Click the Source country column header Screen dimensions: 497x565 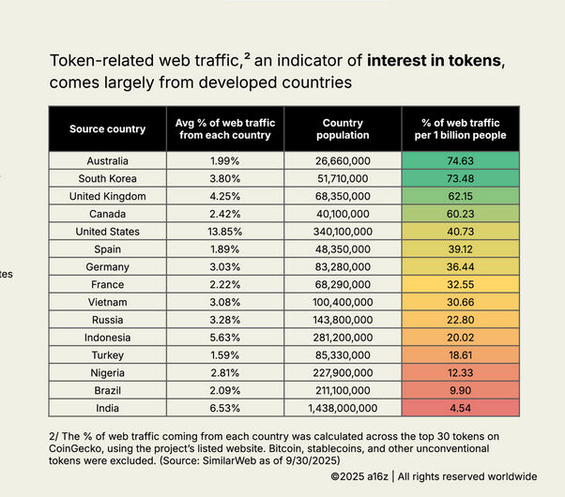click(107, 128)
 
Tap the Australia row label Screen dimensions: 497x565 click(107, 160)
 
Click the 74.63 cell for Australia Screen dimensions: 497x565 click(459, 160)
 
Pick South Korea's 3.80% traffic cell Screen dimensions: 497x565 click(224, 178)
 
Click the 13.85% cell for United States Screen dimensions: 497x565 click(224, 232)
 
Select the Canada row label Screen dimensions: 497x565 click(107, 214)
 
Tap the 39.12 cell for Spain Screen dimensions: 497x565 click(459, 249)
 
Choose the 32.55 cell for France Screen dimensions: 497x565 click(459, 284)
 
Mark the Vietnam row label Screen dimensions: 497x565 click(107, 302)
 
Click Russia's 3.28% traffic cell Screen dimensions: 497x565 click(224, 320)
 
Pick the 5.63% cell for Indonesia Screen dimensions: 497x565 click(224, 338)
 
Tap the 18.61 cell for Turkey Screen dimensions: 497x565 click(459, 355)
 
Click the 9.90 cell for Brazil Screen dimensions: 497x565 click(459, 390)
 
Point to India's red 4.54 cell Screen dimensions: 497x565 click(459, 408)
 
